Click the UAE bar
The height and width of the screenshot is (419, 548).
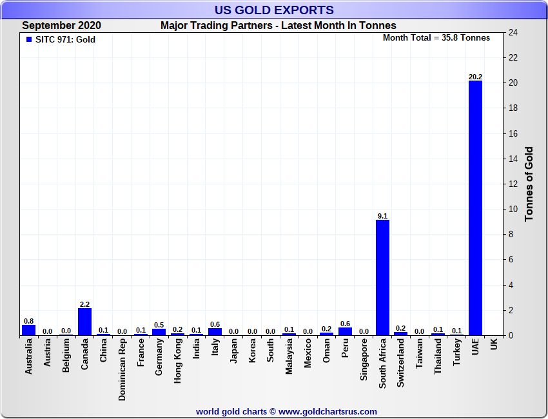[475, 208]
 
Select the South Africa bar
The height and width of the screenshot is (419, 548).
[382, 277]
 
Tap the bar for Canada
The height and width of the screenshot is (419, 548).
[84, 321]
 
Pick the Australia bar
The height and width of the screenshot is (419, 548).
[28, 329]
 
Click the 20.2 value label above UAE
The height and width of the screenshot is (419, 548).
[475, 77]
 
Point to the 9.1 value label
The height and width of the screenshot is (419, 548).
[382, 216]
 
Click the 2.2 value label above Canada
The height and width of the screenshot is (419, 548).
[84, 304]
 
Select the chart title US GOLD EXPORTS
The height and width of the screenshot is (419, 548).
[274, 10]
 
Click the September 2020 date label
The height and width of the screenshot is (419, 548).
[61, 26]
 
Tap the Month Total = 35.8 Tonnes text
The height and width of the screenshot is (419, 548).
[436, 38]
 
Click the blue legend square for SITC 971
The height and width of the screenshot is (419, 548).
[29, 39]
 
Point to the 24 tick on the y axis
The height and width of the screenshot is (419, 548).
[513, 32]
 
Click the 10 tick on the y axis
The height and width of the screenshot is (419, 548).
[513, 209]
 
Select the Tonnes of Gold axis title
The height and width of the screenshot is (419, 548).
[529, 184]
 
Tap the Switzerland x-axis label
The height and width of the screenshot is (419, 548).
[401, 363]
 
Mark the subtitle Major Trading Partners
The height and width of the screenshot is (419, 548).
[279, 26]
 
